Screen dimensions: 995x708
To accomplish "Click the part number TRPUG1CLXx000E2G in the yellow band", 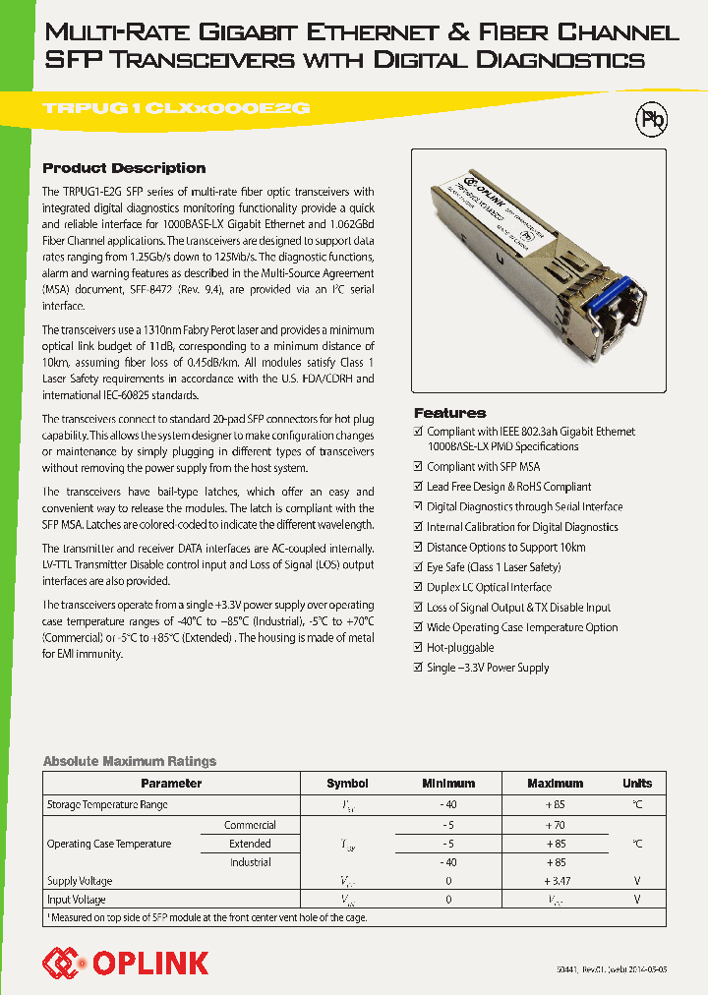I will click(176, 109).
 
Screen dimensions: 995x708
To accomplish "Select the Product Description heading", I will click(124, 168).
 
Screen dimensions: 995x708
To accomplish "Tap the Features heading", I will click(449, 413).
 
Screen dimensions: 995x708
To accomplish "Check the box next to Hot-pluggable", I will click(418, 648).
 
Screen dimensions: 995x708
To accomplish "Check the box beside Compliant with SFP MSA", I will click(418, 467).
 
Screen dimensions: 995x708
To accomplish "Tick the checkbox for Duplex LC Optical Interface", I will click(418, 587).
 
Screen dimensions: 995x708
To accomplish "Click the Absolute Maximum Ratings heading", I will click(129, 761).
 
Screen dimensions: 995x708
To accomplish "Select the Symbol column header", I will click(347, 784).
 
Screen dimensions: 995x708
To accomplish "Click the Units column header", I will click(636, 784).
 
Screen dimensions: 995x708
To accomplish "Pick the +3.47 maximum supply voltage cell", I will click(556, 881).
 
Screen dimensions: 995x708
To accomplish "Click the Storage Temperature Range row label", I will click(107, 804).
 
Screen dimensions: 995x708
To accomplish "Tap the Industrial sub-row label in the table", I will click(251, 862).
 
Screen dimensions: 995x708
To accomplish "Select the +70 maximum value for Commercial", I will click(556, 825).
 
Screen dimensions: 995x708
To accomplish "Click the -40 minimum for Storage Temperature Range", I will click(448, 804).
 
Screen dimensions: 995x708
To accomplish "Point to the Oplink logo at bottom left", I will click(125, 962).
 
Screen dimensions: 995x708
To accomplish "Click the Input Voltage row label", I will click(77, 900).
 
